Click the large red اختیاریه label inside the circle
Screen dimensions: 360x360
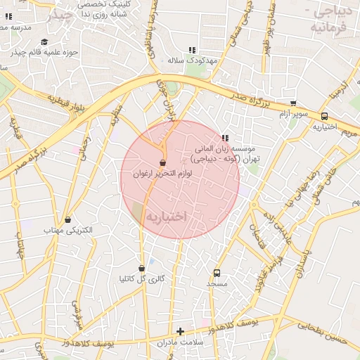[166, 218]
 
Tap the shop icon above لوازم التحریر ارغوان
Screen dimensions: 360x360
[163, 163]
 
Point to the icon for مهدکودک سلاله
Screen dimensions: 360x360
[191, 50]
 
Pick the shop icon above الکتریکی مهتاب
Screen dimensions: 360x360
[67, 220]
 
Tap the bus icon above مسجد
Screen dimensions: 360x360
[217, 273]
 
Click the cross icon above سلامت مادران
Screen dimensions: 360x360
[180, 331]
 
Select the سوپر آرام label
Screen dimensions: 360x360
[294, 113]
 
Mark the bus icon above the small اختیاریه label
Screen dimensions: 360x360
[324, 117]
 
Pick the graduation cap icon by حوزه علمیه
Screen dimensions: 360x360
[44, 41]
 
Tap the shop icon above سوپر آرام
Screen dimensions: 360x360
[293, 103]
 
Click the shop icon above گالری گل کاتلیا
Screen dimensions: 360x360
[143, 268]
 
